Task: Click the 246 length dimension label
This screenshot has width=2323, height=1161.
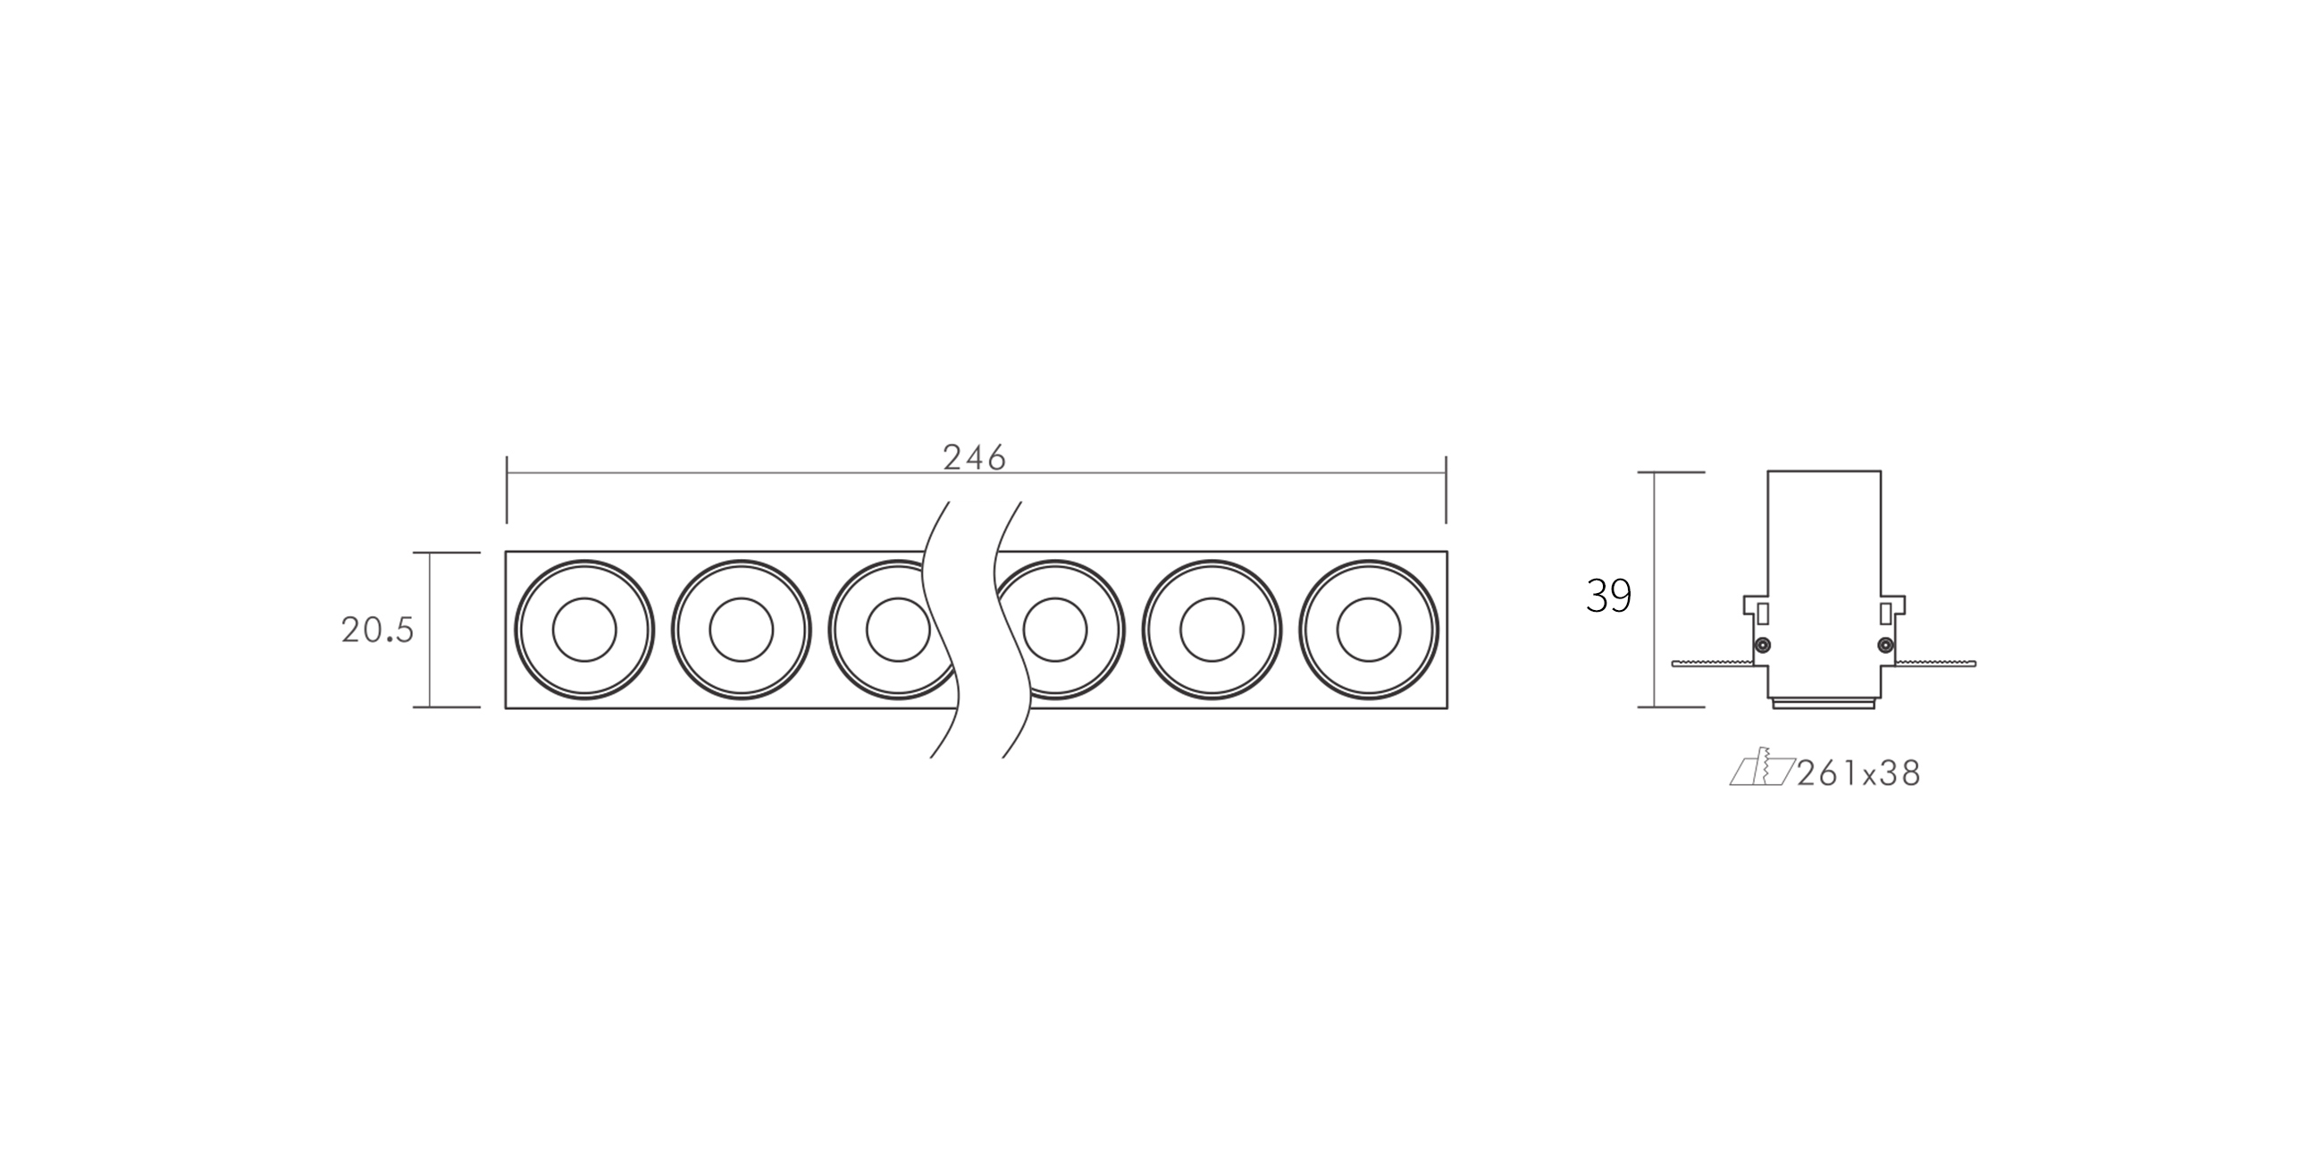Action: coord(974,458)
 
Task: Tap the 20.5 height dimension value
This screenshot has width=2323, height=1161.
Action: coord(377,631)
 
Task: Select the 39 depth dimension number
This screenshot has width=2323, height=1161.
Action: coord(1609,596)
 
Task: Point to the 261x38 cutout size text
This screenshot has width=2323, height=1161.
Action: coord(1858,773)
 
